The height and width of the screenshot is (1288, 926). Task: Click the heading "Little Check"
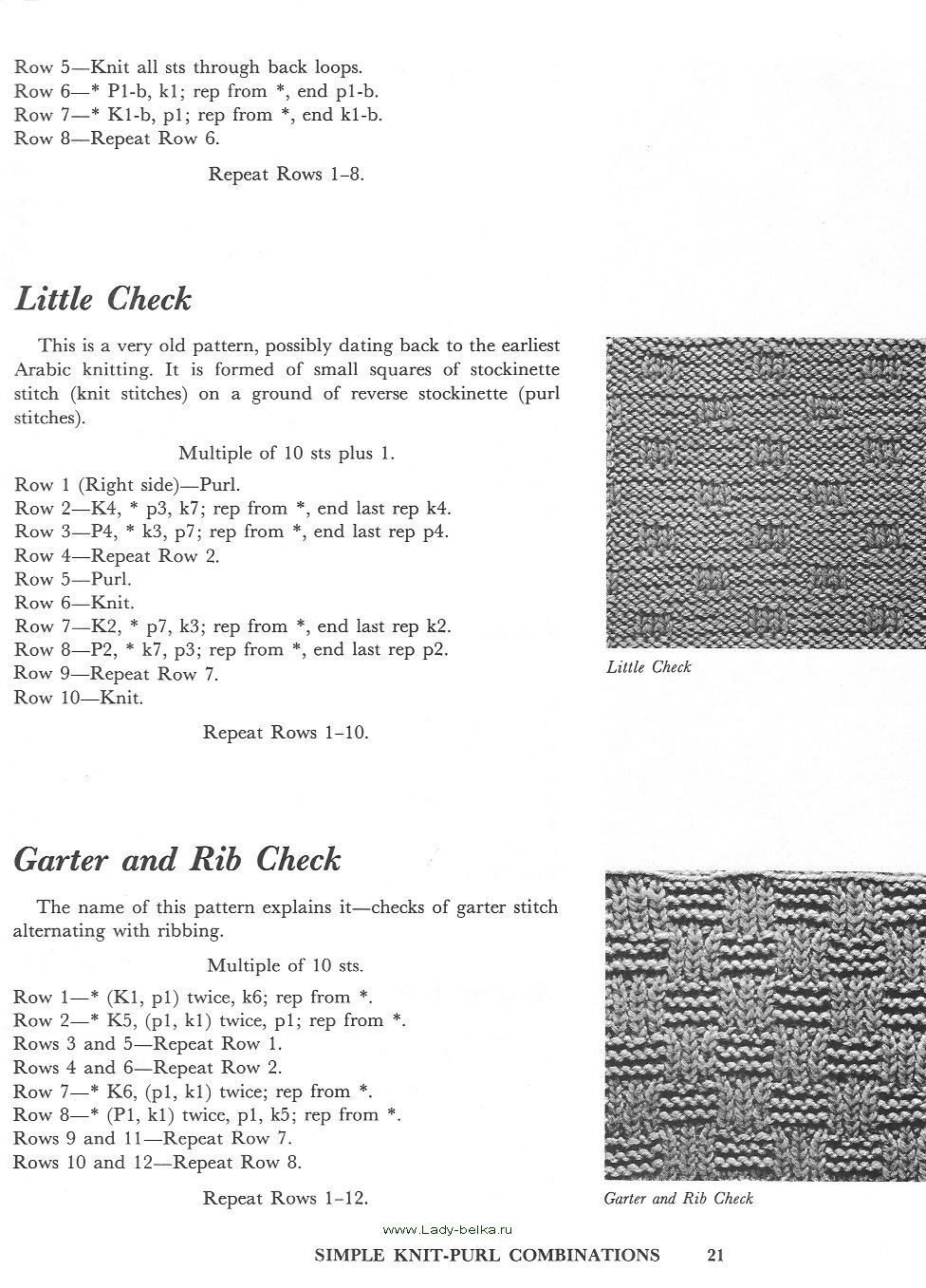(103, 300)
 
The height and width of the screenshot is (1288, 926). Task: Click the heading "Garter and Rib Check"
(177, 860)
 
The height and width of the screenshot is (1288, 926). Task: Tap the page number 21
(716, 1255)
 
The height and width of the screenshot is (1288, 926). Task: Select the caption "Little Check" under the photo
(649, 667)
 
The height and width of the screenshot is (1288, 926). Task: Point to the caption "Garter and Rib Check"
(678, 1199)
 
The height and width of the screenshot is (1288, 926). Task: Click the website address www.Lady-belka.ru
(447, 1229)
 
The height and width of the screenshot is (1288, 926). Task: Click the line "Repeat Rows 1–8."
(287, 175)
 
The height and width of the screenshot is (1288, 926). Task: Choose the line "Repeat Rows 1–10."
(286, 733)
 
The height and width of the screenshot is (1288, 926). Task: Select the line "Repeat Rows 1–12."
(286, 1199)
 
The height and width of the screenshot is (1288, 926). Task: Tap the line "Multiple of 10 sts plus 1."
(287, 454)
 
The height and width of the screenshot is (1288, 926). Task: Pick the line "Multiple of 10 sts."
(286, 966)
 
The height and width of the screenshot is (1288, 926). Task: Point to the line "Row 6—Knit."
(74, 603)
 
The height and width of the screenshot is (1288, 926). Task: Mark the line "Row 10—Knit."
(79, 698)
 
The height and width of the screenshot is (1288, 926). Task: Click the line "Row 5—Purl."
(73, 579)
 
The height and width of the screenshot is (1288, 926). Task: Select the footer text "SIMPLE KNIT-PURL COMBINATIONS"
(487, 1255)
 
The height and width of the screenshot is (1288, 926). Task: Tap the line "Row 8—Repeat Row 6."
(117, 139)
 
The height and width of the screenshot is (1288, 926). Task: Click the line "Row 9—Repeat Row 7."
(117, 674)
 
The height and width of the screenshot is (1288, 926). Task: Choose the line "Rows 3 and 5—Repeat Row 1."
(148, 1044)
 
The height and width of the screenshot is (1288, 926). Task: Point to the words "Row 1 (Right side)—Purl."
(127, 485)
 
